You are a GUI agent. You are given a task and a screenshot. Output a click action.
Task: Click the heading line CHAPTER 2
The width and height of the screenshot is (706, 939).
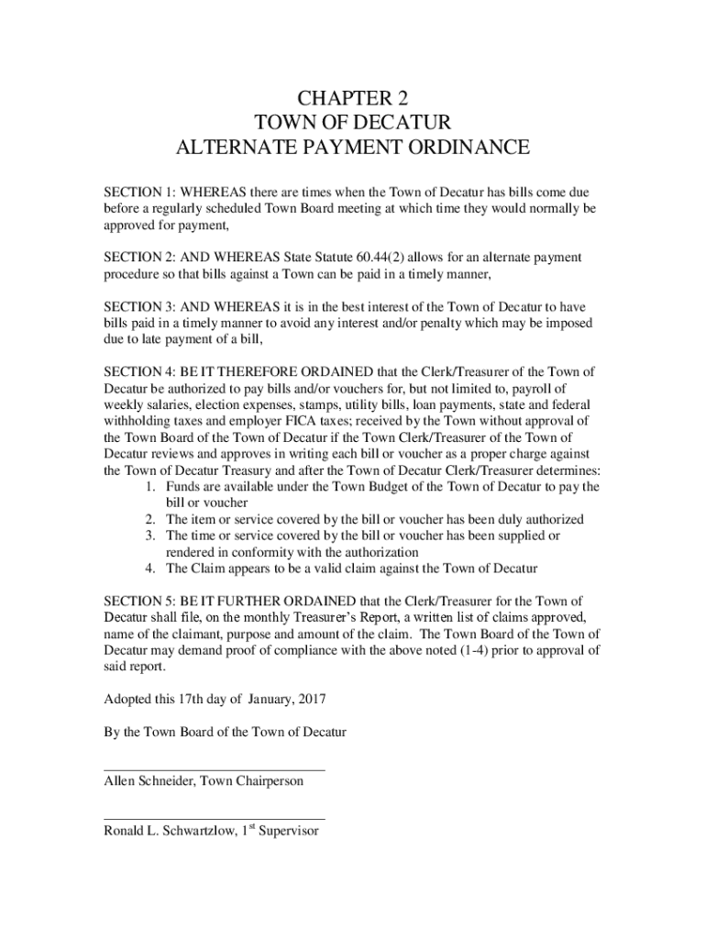[x=353, y=98]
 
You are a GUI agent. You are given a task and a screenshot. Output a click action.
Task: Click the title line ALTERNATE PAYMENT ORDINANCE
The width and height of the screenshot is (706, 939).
[x=353, y=147]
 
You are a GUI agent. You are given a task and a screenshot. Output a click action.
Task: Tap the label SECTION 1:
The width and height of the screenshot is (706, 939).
[x=138, y=193]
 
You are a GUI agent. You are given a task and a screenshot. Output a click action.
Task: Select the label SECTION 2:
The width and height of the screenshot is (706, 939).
[x=138, y=258]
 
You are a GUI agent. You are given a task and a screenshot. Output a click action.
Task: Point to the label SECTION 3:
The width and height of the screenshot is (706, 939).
[x=138, y=306]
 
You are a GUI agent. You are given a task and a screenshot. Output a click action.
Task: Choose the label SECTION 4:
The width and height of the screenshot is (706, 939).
[x=138, y=371]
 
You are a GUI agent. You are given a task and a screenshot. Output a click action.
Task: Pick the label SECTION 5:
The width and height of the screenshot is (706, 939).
[x=138, y=600]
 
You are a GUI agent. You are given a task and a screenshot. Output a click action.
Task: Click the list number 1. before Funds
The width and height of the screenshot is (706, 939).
[x=149, y=486]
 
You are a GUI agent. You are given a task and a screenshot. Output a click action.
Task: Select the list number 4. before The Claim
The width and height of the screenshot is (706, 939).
[x=149, y=568]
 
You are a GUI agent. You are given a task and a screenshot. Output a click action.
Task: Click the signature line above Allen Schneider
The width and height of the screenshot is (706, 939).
[x=214, y=769]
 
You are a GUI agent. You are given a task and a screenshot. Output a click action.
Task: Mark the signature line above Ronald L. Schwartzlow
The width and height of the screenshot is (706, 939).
[x=214, y=818]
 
